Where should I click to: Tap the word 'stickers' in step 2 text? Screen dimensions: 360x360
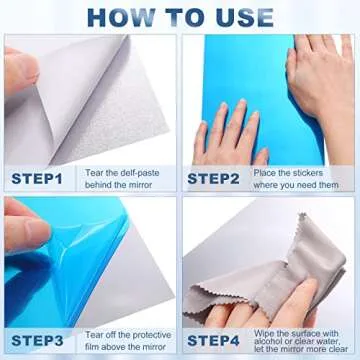pos(316,173)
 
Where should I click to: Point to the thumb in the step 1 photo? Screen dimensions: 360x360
pos(20,70)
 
